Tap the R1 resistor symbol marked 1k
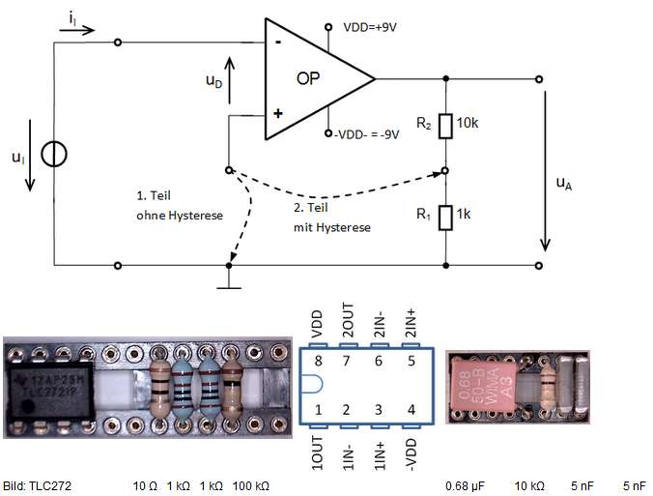pos(445,217)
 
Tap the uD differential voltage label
pos(213,82)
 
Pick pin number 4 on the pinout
pos(413,410)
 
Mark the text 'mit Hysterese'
pos(332,227)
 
